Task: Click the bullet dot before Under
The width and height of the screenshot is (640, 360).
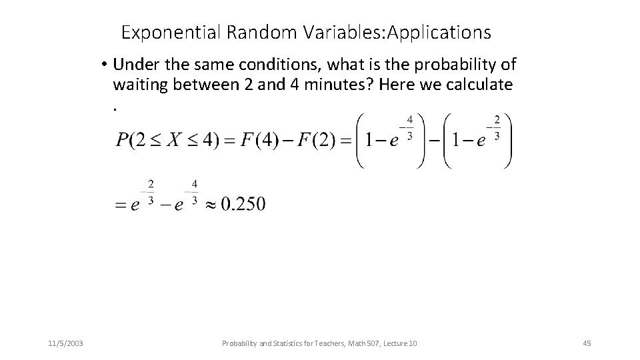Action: pos(105,65)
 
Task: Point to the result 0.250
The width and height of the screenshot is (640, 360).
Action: pos(243,204)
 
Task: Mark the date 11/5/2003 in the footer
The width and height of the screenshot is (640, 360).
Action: pos(67,343)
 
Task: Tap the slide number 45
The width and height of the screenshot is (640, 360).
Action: pos(587,343)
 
